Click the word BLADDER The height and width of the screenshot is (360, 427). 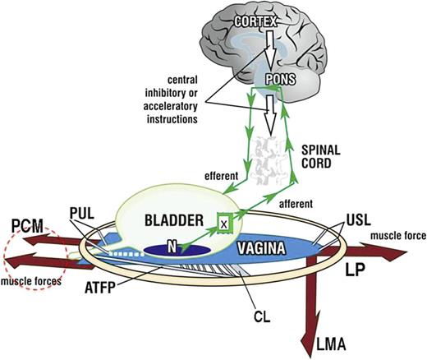click(x=173, y=220)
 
